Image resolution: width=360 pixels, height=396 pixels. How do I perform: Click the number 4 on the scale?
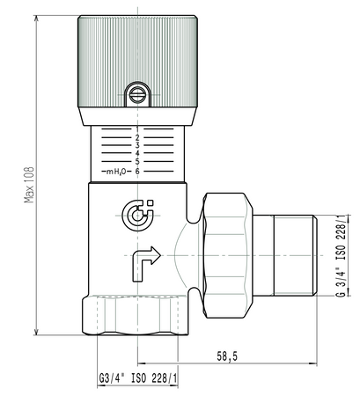click(138, 154)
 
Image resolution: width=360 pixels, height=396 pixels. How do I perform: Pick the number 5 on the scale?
click(138, 162)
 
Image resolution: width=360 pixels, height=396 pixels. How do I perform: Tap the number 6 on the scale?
click(138, 171)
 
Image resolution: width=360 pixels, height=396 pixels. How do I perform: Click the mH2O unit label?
click(116, 171)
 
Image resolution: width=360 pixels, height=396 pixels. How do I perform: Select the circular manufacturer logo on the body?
click(138, 212)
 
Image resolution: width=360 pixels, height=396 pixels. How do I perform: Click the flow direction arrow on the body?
click(145, 259)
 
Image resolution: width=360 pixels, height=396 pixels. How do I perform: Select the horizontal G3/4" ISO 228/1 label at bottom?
click(136, 380)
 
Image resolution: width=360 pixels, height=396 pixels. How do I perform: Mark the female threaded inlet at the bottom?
click(138, 315)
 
